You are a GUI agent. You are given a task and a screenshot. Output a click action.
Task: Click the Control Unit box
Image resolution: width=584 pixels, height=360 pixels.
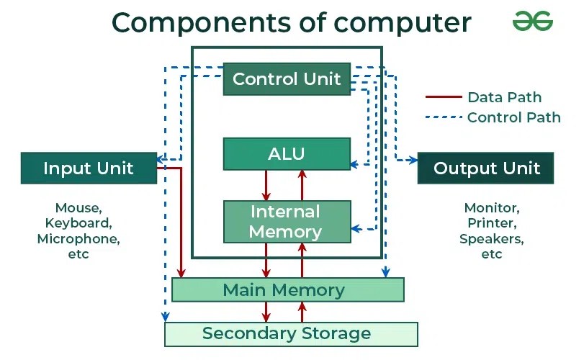(x=287, y=79)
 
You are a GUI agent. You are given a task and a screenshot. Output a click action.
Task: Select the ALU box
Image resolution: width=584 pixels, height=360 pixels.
(x=287, y=153)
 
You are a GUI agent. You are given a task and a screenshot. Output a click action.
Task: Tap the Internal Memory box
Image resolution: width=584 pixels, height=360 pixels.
(x=287, y=222)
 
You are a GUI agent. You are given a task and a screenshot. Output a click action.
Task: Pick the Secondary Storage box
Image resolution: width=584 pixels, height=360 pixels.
(x=290, y=334)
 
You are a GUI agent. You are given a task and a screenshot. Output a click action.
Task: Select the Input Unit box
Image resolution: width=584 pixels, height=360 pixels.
(x=88, y=168)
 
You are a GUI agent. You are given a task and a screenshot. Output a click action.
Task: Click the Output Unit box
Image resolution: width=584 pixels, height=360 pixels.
(x=486, y=168)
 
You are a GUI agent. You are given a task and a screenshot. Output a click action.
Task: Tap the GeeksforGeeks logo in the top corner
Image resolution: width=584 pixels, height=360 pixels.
(x=533, y=22)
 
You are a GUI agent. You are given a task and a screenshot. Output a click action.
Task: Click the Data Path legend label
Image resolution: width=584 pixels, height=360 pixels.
(x=504, y=97)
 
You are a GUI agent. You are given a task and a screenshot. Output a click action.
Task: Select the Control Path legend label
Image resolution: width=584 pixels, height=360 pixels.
(x=513, y=117)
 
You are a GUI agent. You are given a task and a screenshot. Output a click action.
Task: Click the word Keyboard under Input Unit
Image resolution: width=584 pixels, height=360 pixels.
(x=78, y=223)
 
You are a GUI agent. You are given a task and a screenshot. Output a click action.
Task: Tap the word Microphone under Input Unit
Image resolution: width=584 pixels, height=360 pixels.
(x=78, y=238)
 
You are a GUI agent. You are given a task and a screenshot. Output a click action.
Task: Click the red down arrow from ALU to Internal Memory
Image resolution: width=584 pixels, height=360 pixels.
(x=266, y=185)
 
